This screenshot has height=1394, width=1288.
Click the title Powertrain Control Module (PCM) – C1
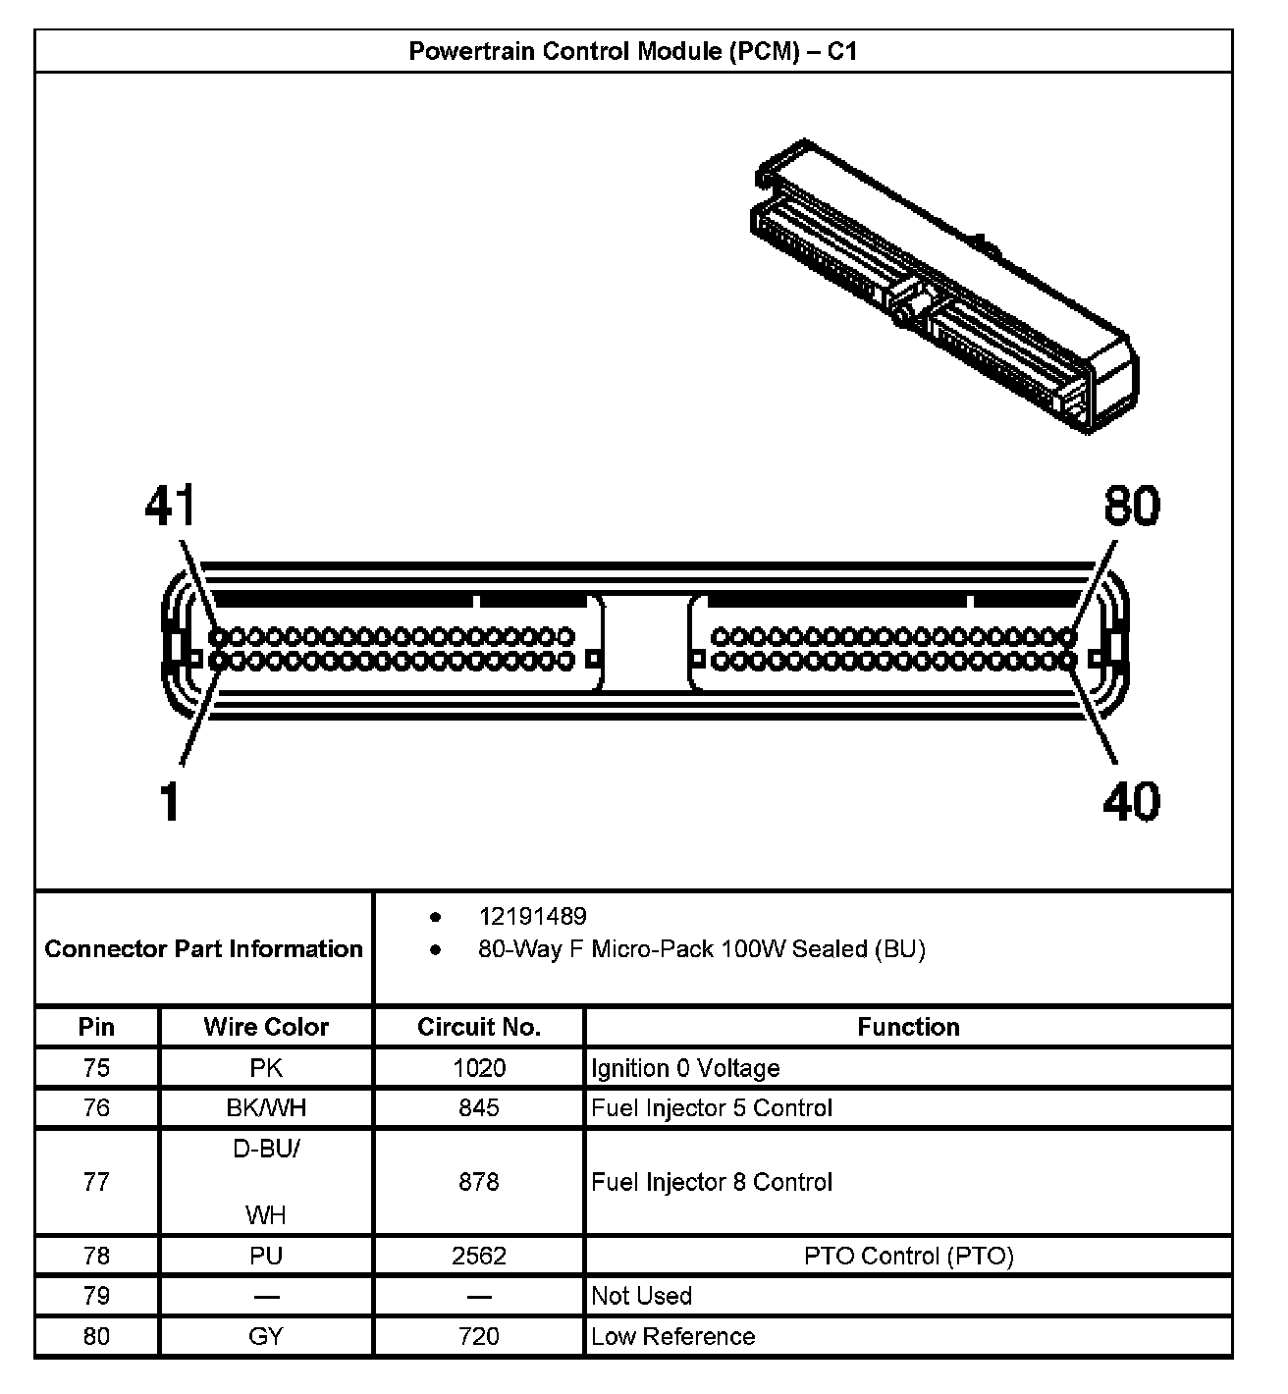click(x=633, y=51)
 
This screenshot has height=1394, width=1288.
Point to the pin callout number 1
click(x=171, y=801)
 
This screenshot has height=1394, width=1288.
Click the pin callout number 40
click(x=1131, y=801)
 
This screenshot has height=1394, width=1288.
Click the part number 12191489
click(x=532, y=916)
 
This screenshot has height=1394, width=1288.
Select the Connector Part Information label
click(x=204, y=948)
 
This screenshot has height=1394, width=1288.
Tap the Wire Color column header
click(x=266, y=1027)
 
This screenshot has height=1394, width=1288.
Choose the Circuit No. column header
click(x=479, y=1027)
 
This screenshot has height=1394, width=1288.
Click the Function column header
click(x=908, y=1027)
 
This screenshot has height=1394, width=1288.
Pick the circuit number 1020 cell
click(x=479, y=1067)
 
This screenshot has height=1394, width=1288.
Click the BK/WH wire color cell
click(x=266, y=1107)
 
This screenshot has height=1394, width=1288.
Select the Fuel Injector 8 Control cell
click(x=712, y=1182)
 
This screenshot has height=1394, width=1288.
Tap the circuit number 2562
click(x=479, y=1256)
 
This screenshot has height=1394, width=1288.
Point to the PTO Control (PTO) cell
click(x=908, y=1256)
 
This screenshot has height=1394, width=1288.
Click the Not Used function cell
click(x=641, y=1296)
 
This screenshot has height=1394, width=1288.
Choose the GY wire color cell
click(x=266, y=1336)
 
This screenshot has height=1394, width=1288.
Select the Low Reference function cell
click(x=673, y=1336)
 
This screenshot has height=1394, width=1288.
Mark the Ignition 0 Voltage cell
click(x=685, y=1067)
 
